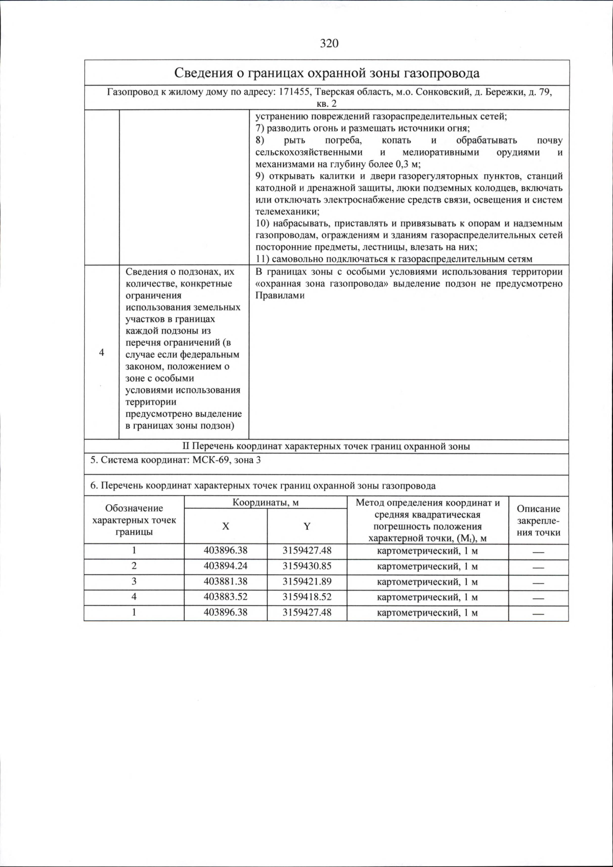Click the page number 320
[329, 43]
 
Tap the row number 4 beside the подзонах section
[102, 353]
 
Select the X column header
[225, 526]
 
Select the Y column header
[307, 526]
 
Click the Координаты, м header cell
[266, 502]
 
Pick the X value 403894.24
[225, 566]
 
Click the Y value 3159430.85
[307, 566]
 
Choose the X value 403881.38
[225, 581]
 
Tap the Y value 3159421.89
[307, 581]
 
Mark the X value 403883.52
[225, 597]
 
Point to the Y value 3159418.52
[307, 597]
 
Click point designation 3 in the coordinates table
[134, 581]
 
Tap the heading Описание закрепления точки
[538, 521]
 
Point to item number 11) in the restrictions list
[263, 259]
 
